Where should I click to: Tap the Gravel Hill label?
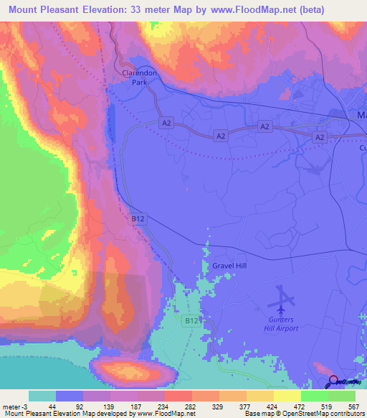[x=229, y=266]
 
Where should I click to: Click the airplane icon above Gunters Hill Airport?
[x=285, y=297]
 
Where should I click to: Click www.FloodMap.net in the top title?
[x=234, y=10]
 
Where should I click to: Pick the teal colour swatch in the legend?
[x=43, y=396]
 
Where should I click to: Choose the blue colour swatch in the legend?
[x=70, y=396]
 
